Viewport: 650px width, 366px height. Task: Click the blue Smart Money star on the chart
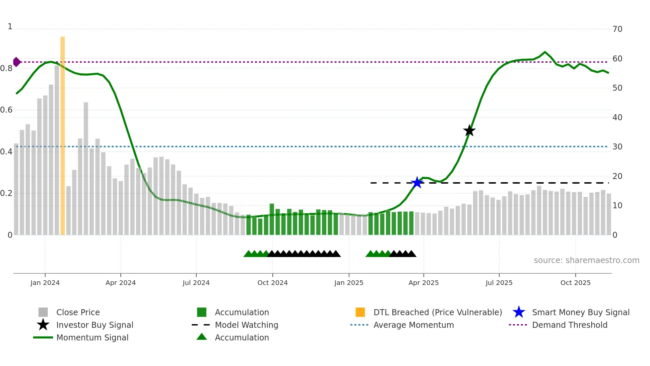pos(417,183)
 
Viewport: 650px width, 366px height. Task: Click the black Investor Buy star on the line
pos(469,131)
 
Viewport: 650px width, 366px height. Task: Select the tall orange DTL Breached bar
pos(63,136)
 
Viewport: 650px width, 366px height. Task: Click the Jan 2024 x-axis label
pos(45,283)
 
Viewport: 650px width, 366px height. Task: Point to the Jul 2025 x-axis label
pos(499,283)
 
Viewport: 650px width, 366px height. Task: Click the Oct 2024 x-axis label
pos(273,283)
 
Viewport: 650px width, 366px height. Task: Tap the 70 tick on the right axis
pos(617,29)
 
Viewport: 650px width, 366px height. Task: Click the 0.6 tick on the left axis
pos(7,110)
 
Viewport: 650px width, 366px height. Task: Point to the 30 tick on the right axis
pos(617,147)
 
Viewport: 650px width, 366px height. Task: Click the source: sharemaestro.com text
pos(586,260)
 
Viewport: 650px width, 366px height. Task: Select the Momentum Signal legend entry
pos(92,337)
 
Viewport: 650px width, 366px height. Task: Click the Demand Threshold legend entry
pos(569,325)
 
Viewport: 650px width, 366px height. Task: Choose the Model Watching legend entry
pos(246,325)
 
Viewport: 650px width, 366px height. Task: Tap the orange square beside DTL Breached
pos(360,312)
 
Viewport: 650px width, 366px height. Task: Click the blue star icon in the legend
pos(519,312)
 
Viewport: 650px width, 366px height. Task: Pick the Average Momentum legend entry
pos(414,325)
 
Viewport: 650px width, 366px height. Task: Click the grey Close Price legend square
pos(43,312)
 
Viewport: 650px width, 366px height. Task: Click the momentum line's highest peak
pos(545,52)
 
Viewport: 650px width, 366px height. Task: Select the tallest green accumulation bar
pos(272,219)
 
